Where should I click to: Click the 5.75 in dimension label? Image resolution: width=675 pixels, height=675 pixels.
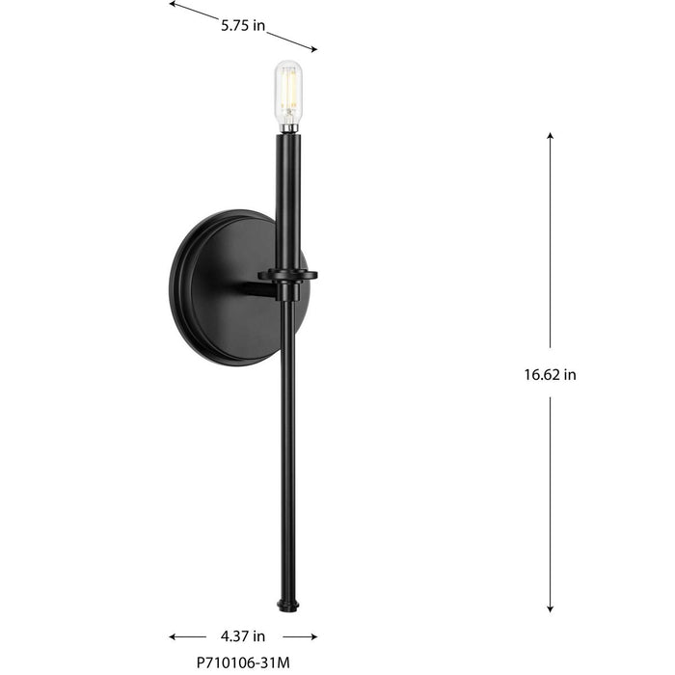243,27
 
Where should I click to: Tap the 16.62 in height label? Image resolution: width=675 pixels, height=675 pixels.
543,375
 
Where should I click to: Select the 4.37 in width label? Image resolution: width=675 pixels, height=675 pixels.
243,636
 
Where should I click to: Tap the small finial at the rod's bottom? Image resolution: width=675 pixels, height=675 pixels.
287,605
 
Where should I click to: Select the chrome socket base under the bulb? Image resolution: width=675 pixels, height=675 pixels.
287,125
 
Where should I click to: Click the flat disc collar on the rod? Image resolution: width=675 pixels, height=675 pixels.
287,275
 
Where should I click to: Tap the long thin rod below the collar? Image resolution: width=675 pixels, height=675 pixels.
287,444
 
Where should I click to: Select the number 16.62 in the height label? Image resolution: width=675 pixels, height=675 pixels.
533,375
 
